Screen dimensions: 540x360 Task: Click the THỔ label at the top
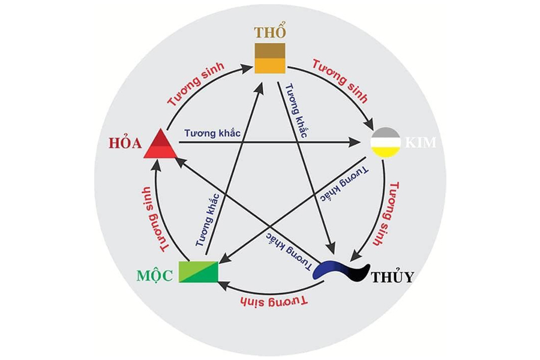pos(271,32)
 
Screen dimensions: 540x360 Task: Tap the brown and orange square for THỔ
pos(270,58)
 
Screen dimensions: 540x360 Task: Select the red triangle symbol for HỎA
pos(160,143)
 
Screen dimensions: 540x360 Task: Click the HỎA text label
pos(125,143)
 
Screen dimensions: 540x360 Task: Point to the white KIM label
pos(421,142)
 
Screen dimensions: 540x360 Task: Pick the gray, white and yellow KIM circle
pos(385,143)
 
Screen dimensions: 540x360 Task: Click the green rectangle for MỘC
pos(199,272)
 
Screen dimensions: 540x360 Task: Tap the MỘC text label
pos(155,275)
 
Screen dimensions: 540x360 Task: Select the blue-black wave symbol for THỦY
pos(341,271)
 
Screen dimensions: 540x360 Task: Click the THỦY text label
pos(392,277)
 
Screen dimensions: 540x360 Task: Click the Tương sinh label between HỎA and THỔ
pos(196,84)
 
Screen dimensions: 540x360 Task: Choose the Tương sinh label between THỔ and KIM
pos(340,82)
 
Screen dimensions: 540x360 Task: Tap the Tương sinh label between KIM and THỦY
pos(387,214)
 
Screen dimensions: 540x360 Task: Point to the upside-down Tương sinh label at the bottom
pos(273,301)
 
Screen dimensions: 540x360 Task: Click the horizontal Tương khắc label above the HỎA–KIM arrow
pos(212,133)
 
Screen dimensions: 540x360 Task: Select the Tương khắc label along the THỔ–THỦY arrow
pos(296,110)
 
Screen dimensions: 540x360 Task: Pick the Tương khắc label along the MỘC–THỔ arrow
pos(208,220)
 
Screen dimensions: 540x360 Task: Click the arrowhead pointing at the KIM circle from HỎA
pos(353,142)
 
